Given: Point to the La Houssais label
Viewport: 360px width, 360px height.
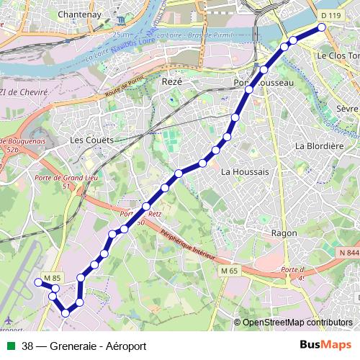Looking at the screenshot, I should point(245,171).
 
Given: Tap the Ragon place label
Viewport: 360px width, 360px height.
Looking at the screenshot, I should point(284,233).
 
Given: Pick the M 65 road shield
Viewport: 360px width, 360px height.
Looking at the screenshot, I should point(229,270).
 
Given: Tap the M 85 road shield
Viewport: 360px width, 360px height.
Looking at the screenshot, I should point(51,278).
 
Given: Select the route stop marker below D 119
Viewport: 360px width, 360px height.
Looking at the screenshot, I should point(321,27).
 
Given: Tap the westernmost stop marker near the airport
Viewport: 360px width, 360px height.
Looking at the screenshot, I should point(37,282).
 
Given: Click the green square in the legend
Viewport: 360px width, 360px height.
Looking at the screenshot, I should point(9,346).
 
